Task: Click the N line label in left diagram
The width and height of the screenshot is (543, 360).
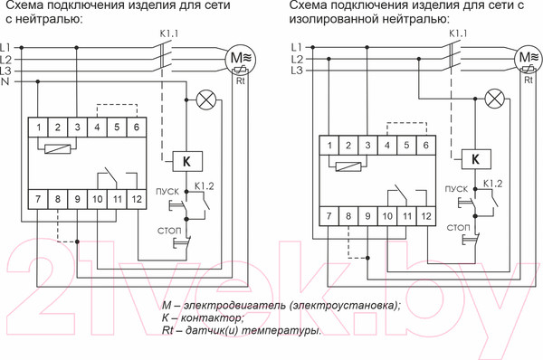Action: (6, 82)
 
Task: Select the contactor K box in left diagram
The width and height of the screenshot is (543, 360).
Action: (186, 162)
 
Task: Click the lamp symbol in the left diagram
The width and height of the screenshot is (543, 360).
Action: (207, 99)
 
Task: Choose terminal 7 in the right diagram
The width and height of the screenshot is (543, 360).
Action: (331, 216)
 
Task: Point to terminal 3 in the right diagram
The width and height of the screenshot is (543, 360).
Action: (367, 146)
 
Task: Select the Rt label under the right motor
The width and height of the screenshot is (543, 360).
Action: (529, 81)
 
